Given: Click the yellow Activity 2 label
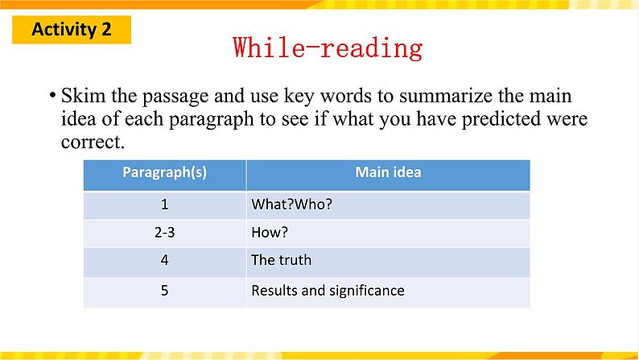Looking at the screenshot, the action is pos(72,30).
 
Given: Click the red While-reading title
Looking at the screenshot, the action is pos(328,48).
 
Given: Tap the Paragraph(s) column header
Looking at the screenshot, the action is pos(165,172).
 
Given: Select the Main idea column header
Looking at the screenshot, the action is pos(388,172).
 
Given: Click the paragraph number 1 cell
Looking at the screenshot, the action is pos(165,204).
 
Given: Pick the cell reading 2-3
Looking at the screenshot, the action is pos(165,233).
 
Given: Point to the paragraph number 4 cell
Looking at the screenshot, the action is pos(165,260).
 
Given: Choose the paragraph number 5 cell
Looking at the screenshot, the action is pos(165,290).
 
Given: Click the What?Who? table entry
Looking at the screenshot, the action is pos(292,204).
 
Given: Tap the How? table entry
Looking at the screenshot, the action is pos(270,233).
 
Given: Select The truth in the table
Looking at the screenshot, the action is pos(281,260).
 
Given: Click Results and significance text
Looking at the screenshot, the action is pos(328,291).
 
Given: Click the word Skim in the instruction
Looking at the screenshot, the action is pos(83,96).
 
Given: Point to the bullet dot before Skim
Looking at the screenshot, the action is pos(52,96).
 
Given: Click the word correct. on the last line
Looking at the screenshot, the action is pos(93,143).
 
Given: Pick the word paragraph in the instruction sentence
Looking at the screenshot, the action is pos(211,120).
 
